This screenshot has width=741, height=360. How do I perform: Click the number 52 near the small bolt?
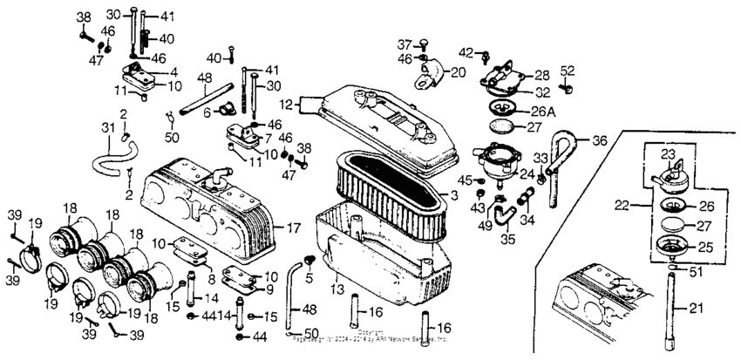tap(568, 71)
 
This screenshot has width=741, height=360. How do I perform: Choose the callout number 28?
tap(542, 77)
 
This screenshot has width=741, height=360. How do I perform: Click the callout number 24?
tap(528, 173)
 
